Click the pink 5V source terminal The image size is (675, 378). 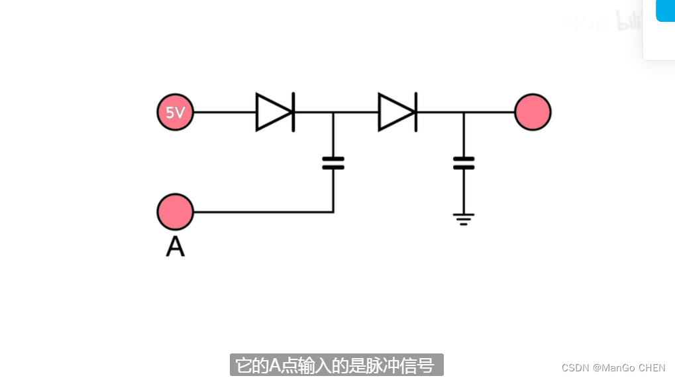(175, 112)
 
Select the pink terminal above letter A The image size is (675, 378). (175, 212)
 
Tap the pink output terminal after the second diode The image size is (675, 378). (533, 112)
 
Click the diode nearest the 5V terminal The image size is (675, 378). (275, 112)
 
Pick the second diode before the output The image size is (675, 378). (397, 112)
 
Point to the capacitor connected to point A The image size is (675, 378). (333, 163)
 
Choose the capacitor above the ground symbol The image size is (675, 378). (464, 163)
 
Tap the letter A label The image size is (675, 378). (175, 247)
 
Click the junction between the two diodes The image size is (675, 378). (333, 112)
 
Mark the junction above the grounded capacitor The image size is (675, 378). (464, 112)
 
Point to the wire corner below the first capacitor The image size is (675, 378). (333, 212)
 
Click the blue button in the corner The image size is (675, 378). (665, 10)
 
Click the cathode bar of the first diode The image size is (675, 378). (293, 112)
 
